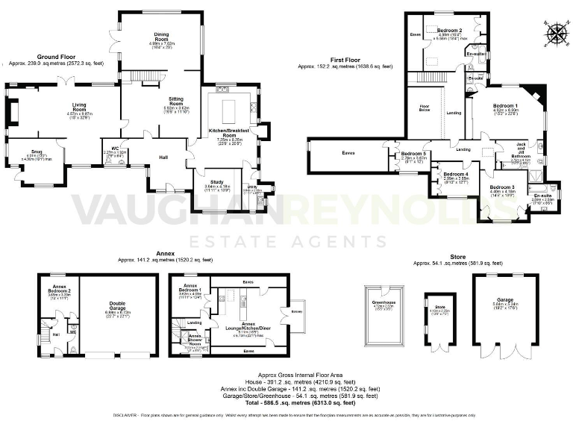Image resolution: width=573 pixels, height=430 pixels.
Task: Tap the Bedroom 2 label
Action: coord(449,30)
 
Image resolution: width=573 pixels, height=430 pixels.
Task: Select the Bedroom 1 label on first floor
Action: coord(505,107)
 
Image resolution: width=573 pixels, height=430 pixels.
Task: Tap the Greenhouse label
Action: coord(383,303)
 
